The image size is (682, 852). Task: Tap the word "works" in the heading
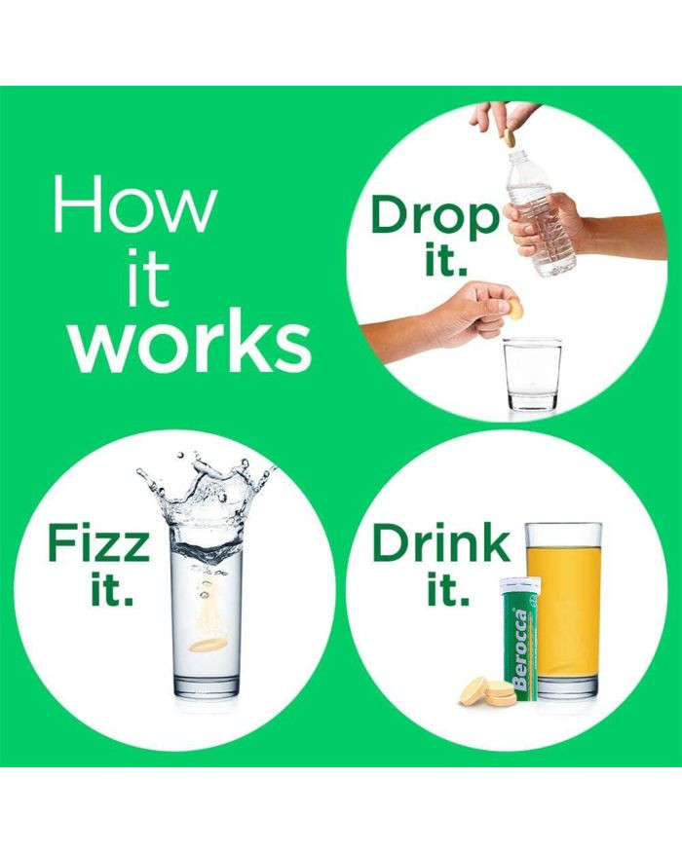tap(191, 343)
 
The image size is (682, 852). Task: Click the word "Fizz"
tap(98, 542)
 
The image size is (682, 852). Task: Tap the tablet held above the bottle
tap(510, 138)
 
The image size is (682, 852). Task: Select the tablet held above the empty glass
tap(515, 310)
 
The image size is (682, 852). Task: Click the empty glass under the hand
tap(532, 374)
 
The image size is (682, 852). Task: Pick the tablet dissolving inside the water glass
tap(208, 645)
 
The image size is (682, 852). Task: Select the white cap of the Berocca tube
tap(520, 586)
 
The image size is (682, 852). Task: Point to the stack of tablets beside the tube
tap(488, 691)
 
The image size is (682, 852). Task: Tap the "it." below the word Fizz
tap(112, 588)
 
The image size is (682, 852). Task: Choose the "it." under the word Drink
tap(447, 588)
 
